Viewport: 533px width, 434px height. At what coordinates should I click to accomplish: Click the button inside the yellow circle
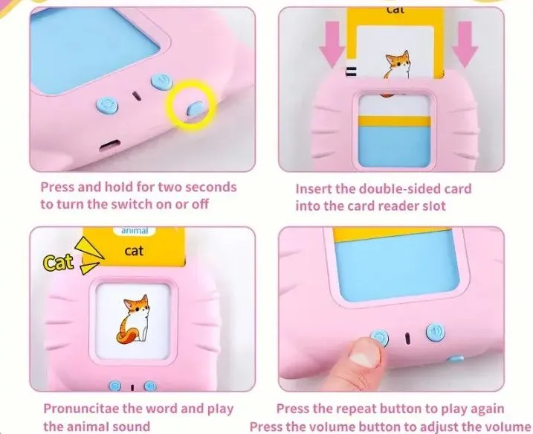[196, 108]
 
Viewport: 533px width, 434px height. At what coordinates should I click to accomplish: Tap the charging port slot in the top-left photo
[110, 146]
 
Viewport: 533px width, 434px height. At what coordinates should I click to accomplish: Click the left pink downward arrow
[333, 44]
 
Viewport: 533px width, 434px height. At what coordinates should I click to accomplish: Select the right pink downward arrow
[465, 44]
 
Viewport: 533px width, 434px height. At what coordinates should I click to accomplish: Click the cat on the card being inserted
[398, 65]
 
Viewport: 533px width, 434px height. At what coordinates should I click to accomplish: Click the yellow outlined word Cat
[59, 263]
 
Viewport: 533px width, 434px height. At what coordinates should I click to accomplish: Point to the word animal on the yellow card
[135, 231]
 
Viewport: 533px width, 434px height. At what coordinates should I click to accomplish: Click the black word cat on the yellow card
[134, 251]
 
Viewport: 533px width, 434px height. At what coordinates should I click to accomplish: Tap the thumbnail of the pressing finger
[361, 357]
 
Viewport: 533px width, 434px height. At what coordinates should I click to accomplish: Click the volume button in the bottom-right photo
[436, 331]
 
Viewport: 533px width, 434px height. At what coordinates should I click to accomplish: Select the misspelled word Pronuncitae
[82, 409]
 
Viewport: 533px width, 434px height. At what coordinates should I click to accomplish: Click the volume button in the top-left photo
[162, 82]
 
